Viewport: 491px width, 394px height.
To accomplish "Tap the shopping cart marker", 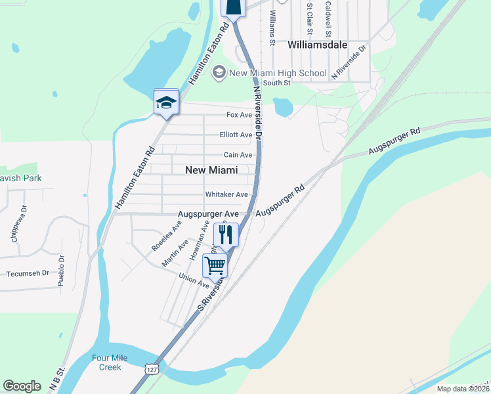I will (x=215, y=265).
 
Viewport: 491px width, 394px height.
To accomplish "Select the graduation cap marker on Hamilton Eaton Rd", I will (x=166, y=102).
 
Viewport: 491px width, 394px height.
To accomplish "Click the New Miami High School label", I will (x=277, y=72).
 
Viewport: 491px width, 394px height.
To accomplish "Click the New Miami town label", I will (x=211, y=169).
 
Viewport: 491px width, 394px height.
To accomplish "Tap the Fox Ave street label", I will (x=239, y=115).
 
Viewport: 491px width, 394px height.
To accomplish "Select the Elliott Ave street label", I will (x=236, y=135).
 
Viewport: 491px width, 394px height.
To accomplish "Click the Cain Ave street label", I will (x=238, y=155).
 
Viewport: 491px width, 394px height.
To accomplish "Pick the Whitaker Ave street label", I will (x=226, y=194).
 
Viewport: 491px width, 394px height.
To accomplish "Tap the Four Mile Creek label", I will (x=110, y=362).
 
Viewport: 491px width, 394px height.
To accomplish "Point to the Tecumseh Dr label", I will (x=28, y=273).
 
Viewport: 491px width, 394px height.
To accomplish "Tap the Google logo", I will (x=22, y=385).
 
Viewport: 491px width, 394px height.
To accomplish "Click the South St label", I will (x=276, y=83).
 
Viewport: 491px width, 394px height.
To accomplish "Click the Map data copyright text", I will (x=463, y=389).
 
